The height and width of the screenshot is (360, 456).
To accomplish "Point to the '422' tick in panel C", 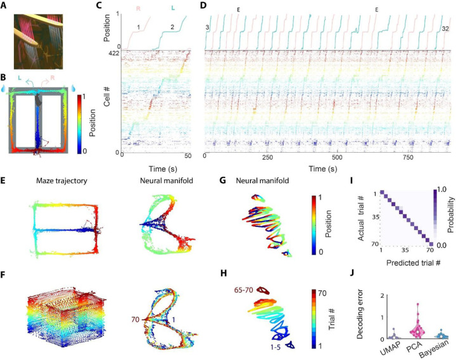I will pos(113,55).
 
